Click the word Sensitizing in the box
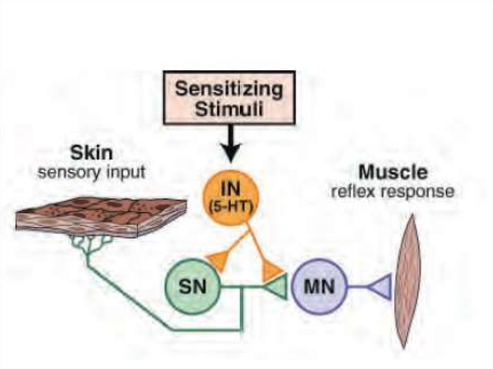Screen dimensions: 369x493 point(229,89)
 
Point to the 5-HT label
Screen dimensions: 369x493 point(232,207)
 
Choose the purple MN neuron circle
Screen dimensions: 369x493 point(319,287)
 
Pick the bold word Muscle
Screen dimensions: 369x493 point(393,172)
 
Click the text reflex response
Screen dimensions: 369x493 point(392,191)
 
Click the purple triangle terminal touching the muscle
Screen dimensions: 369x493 point(380,287)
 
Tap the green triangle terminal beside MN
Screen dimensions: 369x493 point(277,287)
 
